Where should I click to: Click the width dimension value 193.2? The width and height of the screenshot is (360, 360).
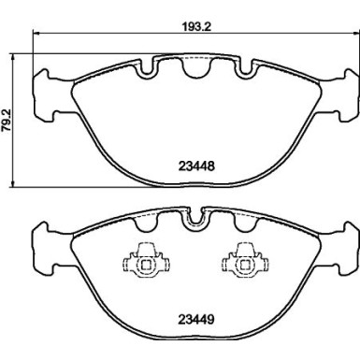pyautogui.click(x=191, y=27)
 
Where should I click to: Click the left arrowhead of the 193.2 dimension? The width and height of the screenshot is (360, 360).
pyautogui.click(x=36, y=38)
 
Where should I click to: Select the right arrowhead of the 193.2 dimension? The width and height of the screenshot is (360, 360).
pyautogui.click(x=347, y=38)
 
